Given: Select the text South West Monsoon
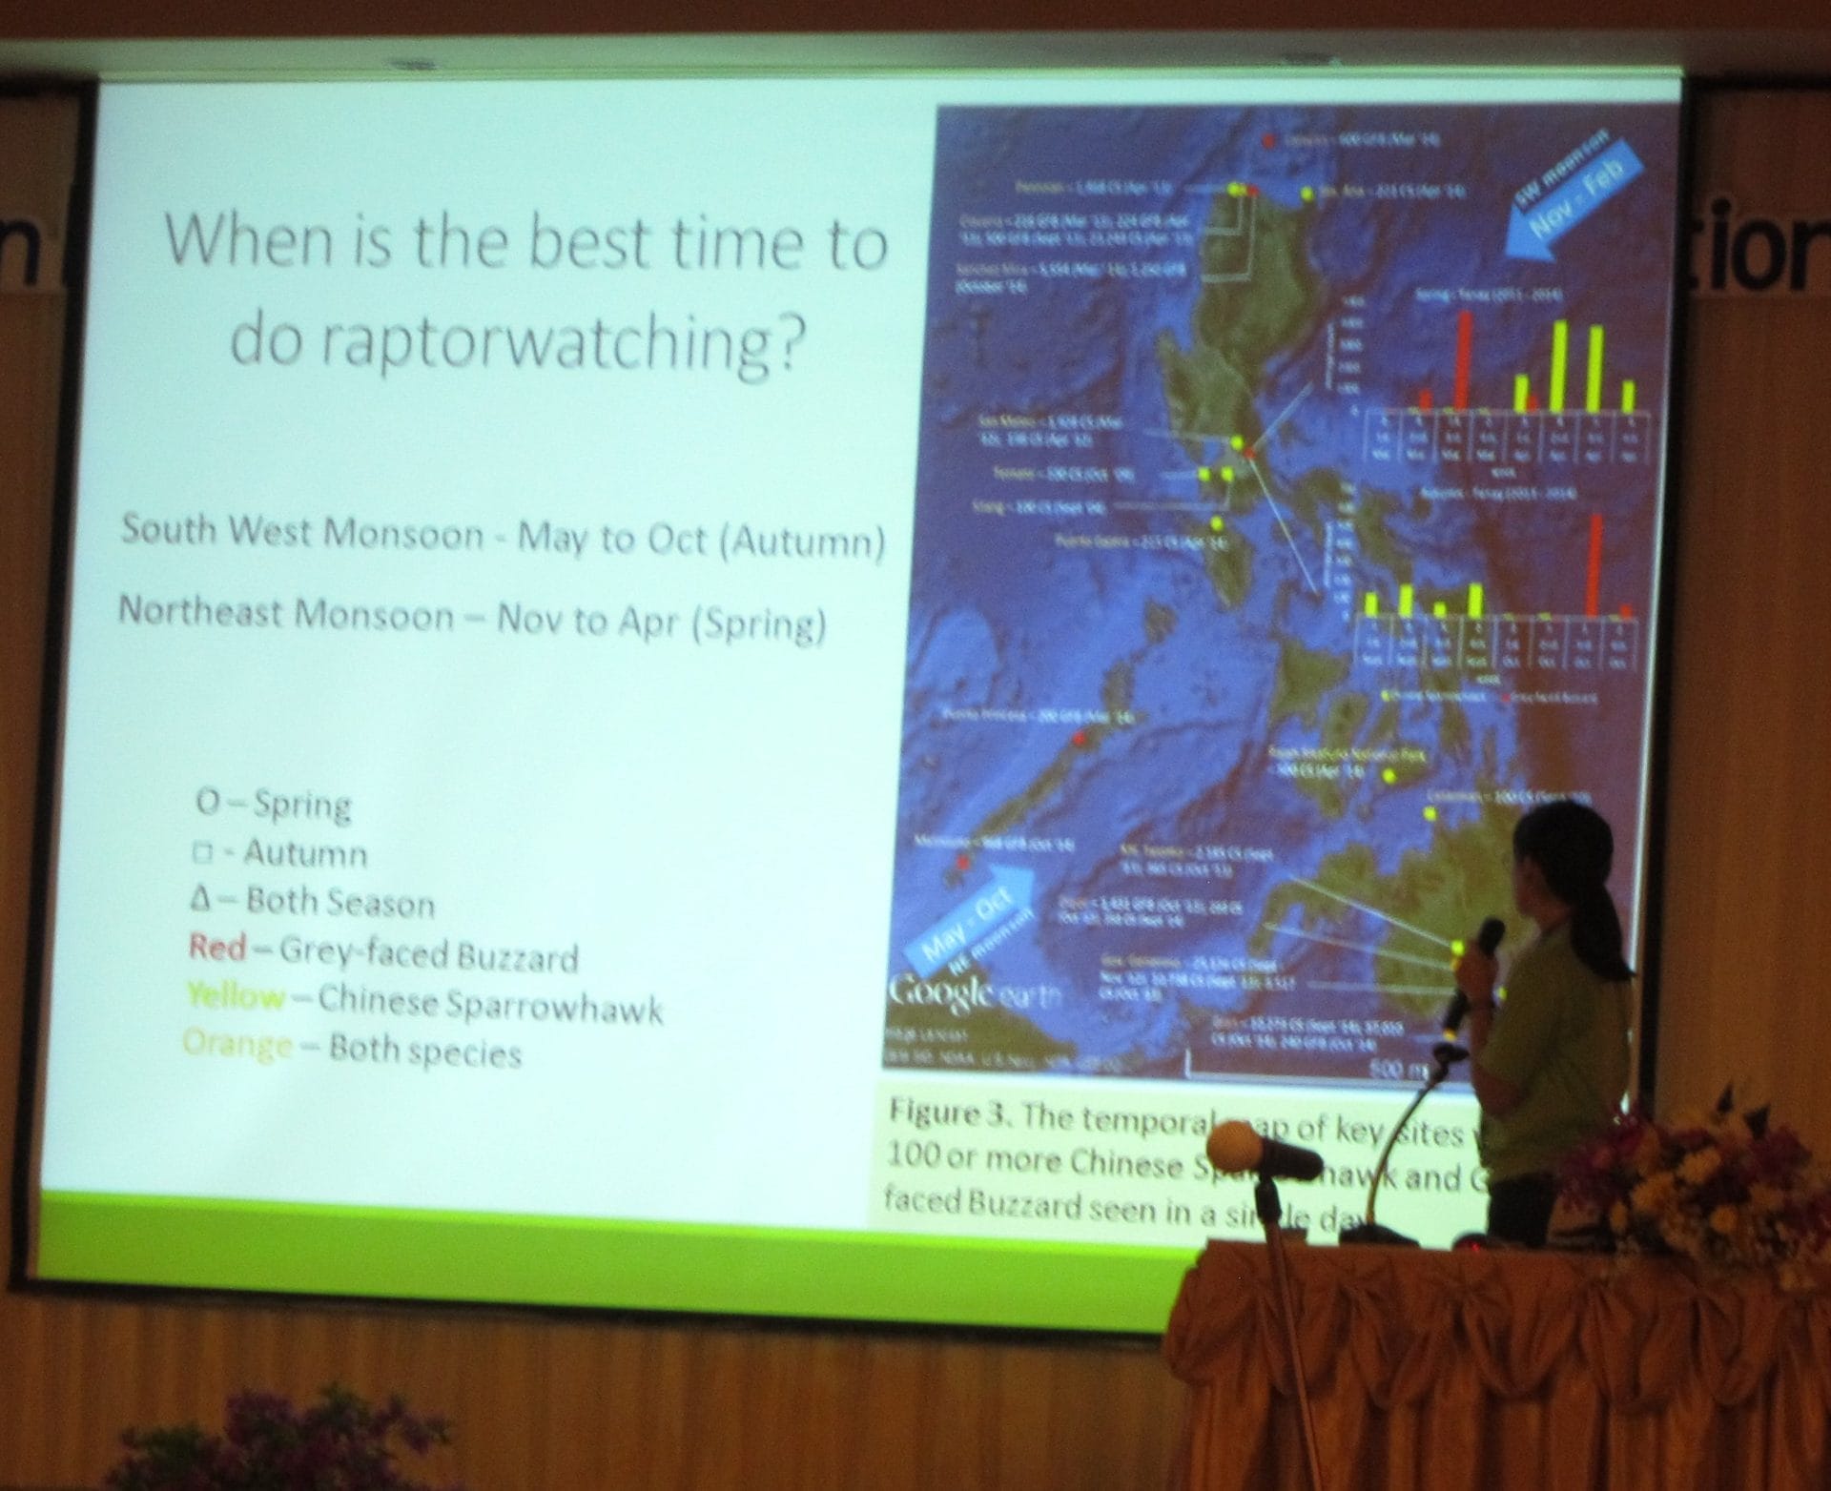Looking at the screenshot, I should tap(302, 532).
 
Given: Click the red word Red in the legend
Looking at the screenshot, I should tap(217, 947).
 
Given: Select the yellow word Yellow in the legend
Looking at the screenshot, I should tap(236, 996).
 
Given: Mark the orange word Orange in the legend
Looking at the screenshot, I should tap(237, 1044).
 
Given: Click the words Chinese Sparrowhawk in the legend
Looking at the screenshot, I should tap(490, 1004).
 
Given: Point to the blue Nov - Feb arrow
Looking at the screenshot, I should tap(1574, 204).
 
